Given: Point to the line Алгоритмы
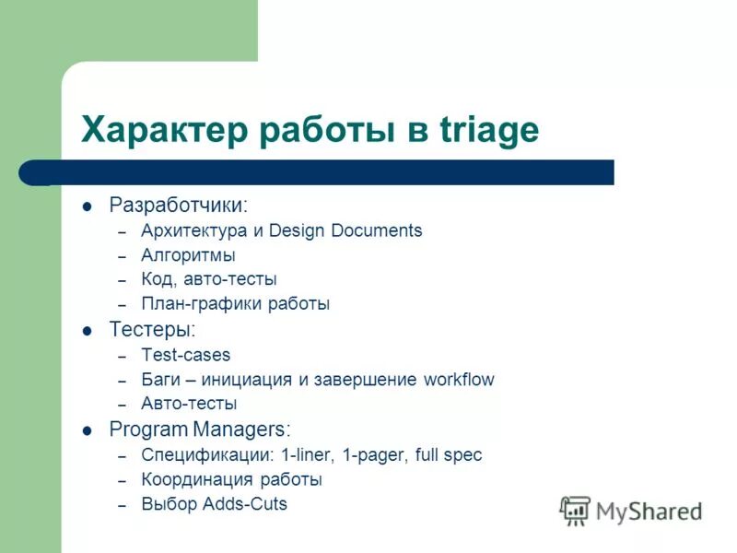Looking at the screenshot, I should [x=188, y=255].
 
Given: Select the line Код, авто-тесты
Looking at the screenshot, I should [x=208, y=279].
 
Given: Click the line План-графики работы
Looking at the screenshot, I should [x=235, y=303].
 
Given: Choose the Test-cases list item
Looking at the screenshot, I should [x=185, y=355].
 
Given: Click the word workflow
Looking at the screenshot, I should [x=459, y=380].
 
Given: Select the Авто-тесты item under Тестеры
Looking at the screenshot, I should [x=189, y=404].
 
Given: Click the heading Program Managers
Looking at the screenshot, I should [x=199, y=429].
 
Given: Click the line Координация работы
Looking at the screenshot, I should [x=231, y=480].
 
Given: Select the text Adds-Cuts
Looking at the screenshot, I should [x=251, y=504].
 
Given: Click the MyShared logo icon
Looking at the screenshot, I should [x=575, y=510].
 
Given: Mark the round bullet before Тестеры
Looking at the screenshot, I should [x=88, y=330].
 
